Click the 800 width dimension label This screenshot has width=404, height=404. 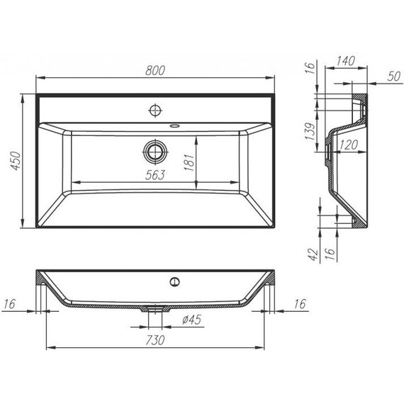click(x=157, y=69)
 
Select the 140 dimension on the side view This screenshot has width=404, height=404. click(x=345, y=62)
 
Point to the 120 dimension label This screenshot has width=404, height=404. click(x=347, y=145)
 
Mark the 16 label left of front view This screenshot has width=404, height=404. click(x=10, y=304)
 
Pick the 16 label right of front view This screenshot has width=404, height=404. click(x=301, y=304)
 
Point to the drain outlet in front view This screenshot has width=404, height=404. click(x=155, y=309)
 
